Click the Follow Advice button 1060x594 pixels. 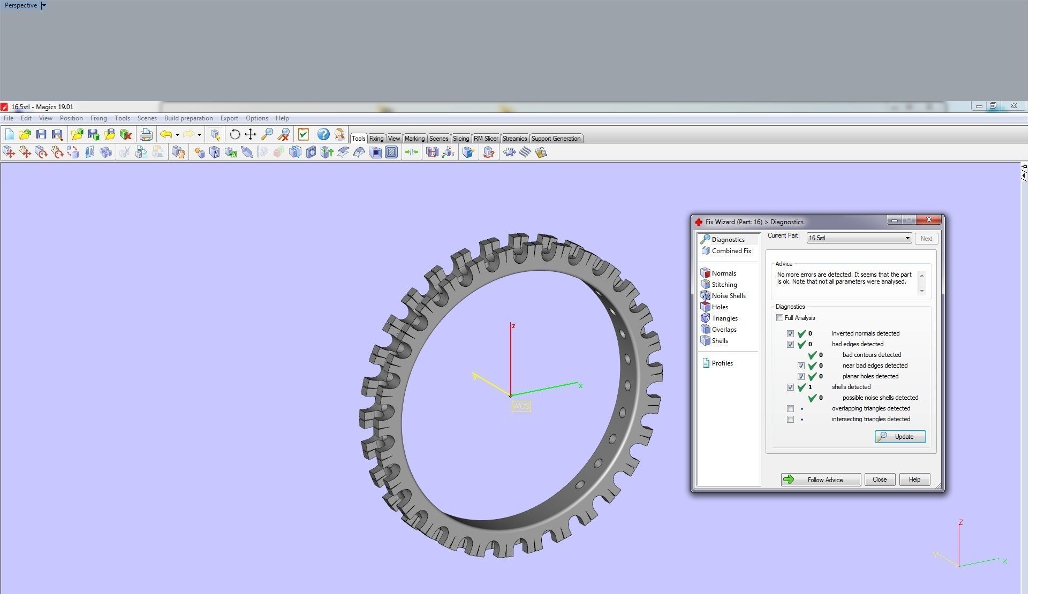(820, 479)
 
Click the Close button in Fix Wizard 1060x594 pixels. (879, 479)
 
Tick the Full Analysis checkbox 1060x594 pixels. (780, 318)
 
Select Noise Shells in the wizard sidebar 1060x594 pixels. (728, 296)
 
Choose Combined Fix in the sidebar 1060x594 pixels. (731, 251)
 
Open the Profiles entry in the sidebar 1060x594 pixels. (722, 363)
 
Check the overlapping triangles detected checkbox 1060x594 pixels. (790, 408)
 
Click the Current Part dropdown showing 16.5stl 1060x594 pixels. (859, 238)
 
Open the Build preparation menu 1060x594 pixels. (188, 118)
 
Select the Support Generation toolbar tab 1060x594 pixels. (555, 139)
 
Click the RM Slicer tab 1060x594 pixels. (486, 139)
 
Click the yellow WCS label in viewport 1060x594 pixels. (520, 406)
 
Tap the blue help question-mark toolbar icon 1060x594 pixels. (323, 134)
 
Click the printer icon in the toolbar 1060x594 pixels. (146, 134)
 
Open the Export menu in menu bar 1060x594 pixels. (229, 118)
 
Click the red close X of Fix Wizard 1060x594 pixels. (929, 220)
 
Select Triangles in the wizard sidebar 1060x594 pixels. (724, 318)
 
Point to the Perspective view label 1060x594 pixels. (21, 5)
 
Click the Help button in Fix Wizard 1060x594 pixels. (914, 479)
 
